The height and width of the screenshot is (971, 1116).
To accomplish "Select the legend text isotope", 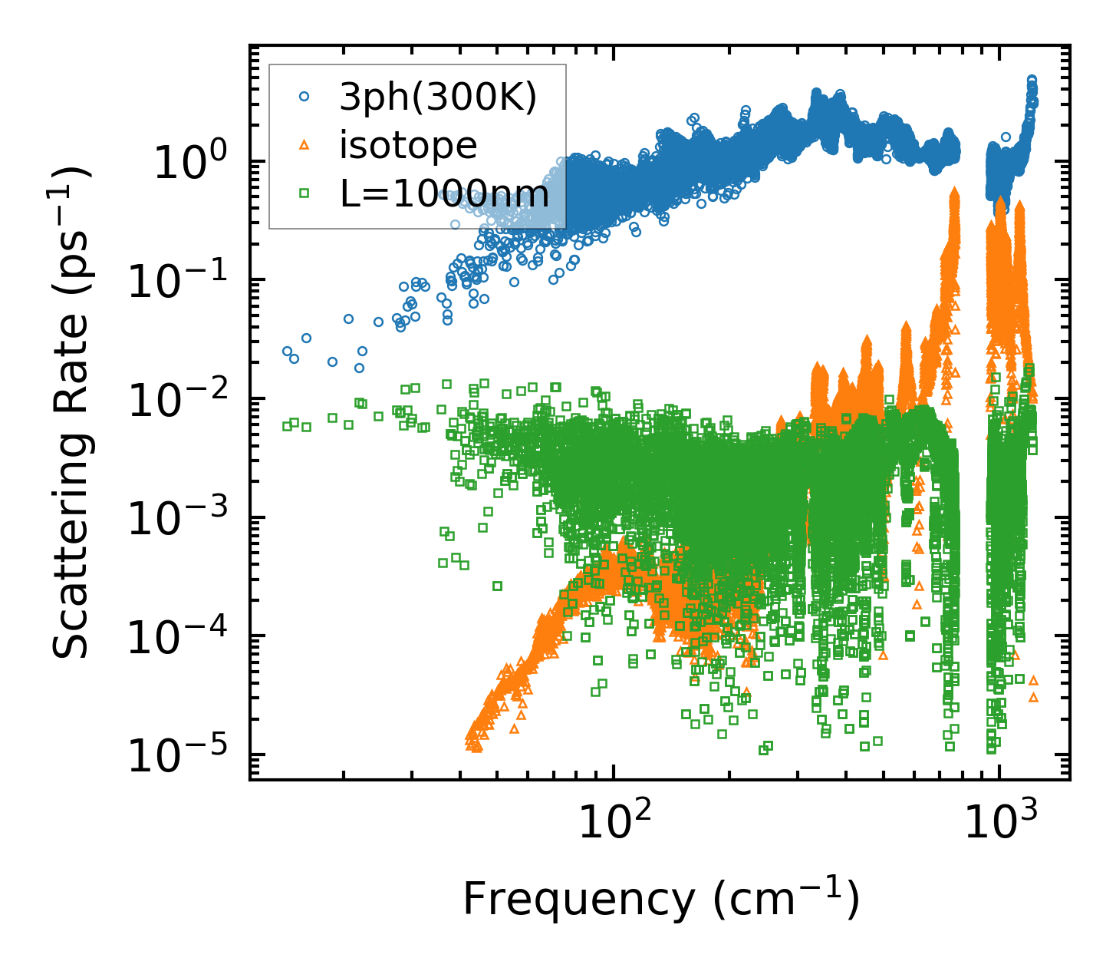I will click(x=408, y=145).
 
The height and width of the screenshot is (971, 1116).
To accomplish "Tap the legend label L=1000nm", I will click(x=445, y=193).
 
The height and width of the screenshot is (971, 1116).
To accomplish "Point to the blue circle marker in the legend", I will click(x=305, y=97).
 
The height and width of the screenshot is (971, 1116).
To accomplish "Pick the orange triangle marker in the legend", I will click(x=305, y=145).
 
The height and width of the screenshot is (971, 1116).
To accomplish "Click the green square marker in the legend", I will click(x=305, y=193).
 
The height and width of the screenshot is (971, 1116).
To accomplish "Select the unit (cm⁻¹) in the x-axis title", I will click(x=785, y=900).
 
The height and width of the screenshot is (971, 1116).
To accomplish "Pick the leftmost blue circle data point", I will click(x=288, y=351).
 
